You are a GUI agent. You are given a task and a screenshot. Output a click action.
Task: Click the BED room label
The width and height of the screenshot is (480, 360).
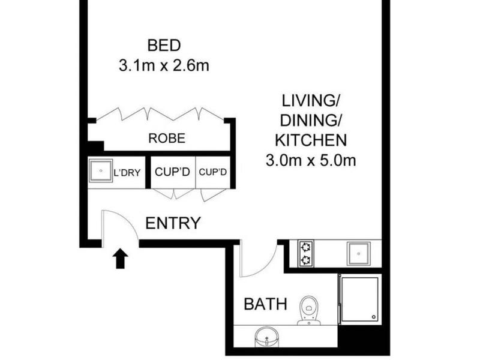click(164, 46)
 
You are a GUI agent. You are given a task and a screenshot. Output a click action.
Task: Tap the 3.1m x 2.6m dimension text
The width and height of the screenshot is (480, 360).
click(164, 66)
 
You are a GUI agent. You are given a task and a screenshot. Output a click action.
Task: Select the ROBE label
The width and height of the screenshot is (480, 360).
click(167, 139)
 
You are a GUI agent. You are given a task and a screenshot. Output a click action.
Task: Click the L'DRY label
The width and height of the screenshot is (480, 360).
click(127, 173)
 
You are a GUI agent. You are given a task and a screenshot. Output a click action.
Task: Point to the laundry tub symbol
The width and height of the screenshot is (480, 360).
click(101, 170)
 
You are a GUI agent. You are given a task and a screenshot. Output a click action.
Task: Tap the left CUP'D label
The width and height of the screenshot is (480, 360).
click(172, 172)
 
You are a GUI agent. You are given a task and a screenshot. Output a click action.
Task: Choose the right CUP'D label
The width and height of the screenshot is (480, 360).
click(213, 172)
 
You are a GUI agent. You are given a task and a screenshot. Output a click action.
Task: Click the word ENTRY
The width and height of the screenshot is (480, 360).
click(173, 223)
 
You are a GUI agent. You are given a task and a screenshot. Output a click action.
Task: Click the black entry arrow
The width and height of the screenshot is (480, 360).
click(121, 259)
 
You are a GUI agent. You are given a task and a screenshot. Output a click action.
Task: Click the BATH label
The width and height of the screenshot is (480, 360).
click(266, 304)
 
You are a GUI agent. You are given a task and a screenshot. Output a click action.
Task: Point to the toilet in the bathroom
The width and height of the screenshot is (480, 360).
click(309, 310)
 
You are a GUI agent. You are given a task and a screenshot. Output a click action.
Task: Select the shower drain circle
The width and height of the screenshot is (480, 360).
click(373, 317)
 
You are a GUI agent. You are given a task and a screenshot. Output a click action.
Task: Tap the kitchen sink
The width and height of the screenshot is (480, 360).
click(358, 253)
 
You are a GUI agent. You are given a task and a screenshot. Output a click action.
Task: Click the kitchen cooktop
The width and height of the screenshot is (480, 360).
click(306, 253)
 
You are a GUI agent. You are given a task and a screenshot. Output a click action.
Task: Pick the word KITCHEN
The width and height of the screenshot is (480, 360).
click(311, 140)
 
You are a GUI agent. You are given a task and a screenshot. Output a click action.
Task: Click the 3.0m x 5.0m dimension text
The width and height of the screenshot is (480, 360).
click(311, 160)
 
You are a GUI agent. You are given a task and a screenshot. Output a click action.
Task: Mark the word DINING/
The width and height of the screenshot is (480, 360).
click(311, 121)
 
